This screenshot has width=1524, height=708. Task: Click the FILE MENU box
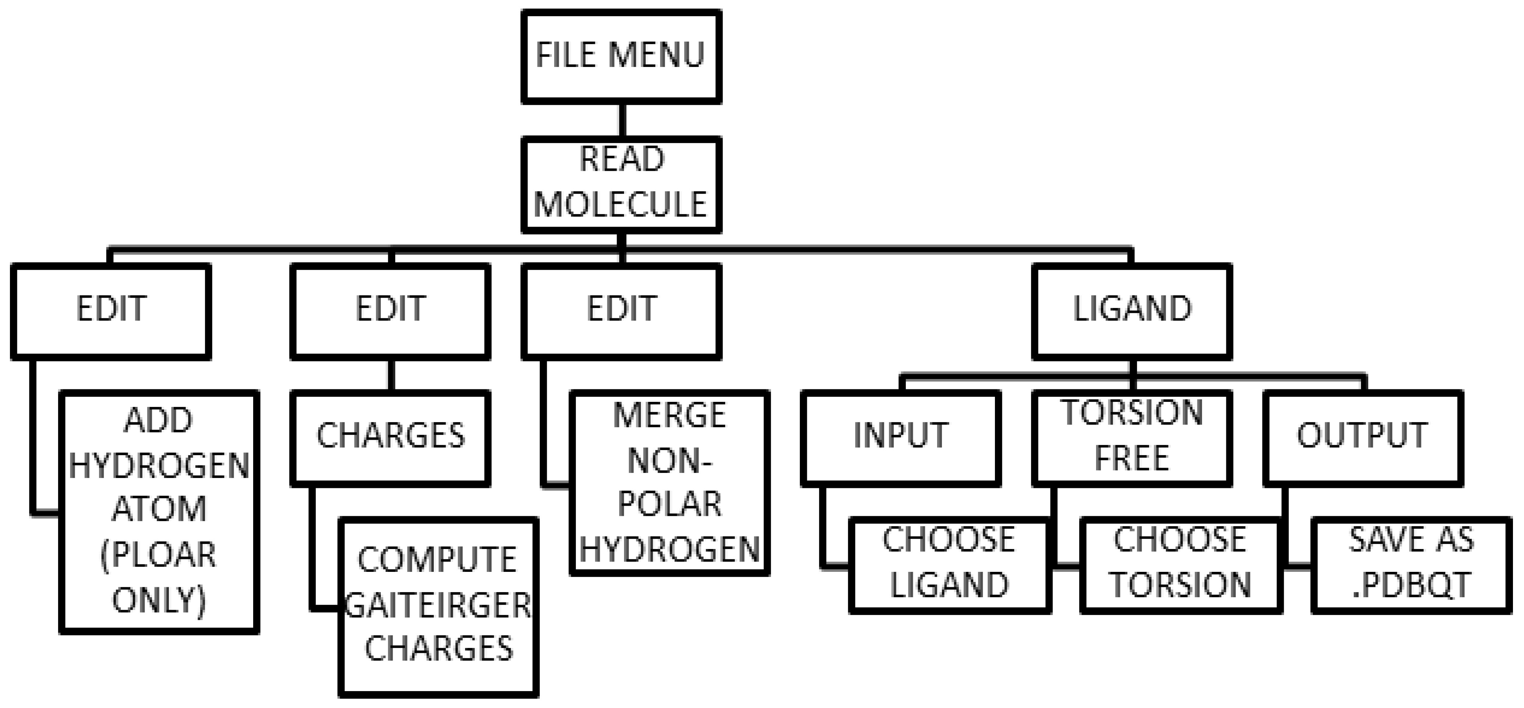coord(621,56)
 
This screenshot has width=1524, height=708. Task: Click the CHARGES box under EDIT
coord(390,438)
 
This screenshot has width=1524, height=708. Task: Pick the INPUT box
coord(900,438)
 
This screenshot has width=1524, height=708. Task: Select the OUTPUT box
coord(1362,438)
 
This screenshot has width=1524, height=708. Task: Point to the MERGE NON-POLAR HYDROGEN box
coord(670,482)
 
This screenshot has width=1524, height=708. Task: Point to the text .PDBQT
coord(1411,585)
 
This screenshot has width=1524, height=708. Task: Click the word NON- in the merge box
coord(670,460)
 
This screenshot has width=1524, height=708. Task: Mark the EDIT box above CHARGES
coord(390,311)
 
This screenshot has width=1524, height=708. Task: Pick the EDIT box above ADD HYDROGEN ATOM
coord(111,311)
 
